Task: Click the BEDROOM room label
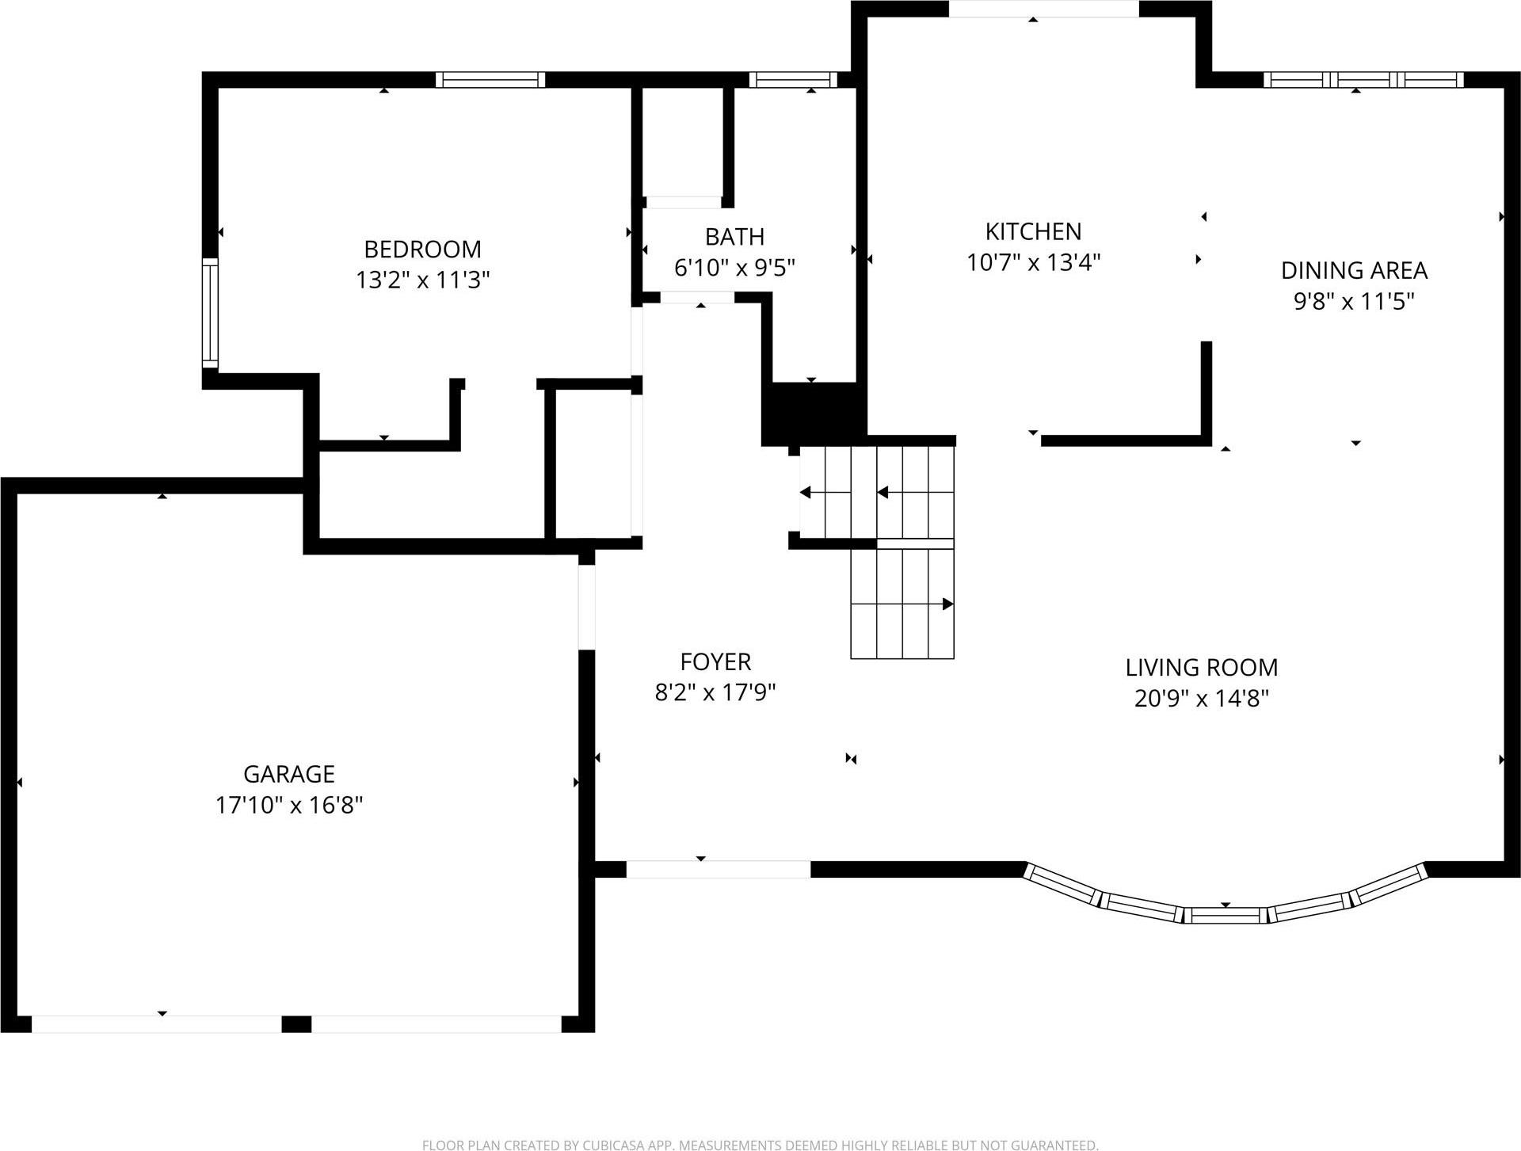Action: tap(422, 250)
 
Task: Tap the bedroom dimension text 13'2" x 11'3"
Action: tap(422, 280)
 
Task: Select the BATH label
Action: tap(734, 237)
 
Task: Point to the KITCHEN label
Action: tap(1033, 231)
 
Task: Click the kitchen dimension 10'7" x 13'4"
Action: tap(1033, 262)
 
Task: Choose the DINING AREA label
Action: tap(1354, 271)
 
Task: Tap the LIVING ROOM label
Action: tap(1201, 668)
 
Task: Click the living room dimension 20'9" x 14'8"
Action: tap(1201, 699)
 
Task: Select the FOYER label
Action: tap(715, 661)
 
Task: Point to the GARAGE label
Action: tap(288, 774)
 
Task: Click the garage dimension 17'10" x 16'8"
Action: tap(288, 806)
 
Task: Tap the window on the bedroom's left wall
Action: tap(209, 313)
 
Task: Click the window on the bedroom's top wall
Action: tap(490, 80)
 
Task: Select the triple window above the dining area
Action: tap(1363, 80)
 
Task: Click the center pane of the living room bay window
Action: tap(1226, 916)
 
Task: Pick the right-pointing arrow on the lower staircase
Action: tap(947, 604)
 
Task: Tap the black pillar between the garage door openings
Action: tap(296, 1024)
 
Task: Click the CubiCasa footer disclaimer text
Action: tap(760, 1145)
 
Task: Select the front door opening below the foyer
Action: tap(718, 869)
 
